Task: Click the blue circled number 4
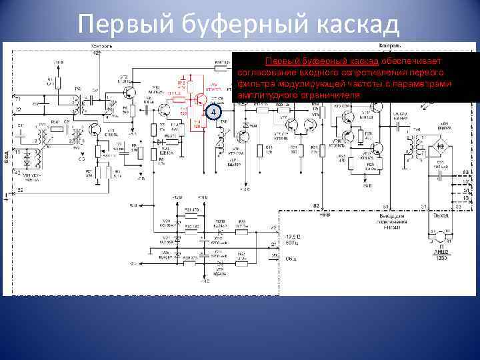pos(212,113)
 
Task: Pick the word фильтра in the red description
pos(256,84)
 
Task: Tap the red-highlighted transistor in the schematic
pos(199,99)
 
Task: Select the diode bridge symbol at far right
pos(440,145)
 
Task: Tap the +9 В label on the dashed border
pos(325,215)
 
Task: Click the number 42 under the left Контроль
pos(97,52)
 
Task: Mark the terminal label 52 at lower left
pos(21,190)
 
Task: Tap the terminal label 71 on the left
pos(17,98)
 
